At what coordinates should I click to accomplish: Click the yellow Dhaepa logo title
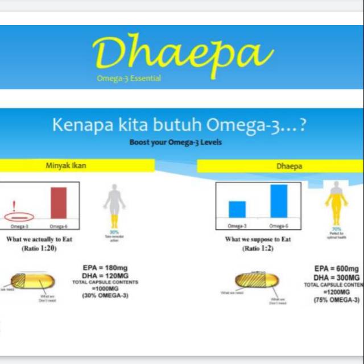click(182, 52)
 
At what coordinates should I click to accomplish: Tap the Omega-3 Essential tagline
click(129, 78)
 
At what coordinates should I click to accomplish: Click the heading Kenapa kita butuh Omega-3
click(179, 125)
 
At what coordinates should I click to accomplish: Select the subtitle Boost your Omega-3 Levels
click(175, 142)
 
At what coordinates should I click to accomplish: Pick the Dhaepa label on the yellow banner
click(288, 167)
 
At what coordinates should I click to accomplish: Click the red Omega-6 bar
click(59, 203)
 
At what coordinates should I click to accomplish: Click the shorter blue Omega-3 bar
click(237, 209)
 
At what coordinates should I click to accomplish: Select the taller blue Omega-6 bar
click(279, 201)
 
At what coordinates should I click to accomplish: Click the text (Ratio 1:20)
click(39, 249)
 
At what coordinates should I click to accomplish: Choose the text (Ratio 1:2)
click(258, 249)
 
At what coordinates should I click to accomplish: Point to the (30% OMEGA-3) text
click(105, 296)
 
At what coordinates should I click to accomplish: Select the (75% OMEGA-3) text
click(337, 300)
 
